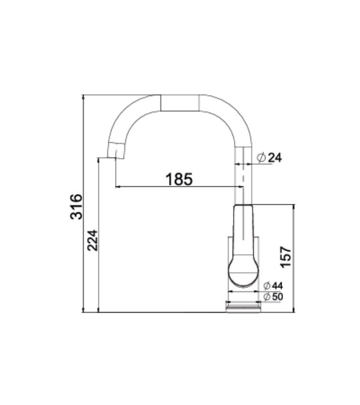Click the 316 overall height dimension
[x=76, y=207]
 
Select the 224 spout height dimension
[x=93, y=240]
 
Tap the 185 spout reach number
[x=179, y=179]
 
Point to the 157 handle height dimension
[x=286, y=257]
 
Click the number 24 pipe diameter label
[x=275, y=157]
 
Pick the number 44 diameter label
[x=277, y=286]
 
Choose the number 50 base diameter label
[x=277, y=297]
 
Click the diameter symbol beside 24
[x=261, y=157]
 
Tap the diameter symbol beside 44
[x=267, y=286]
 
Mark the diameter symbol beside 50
[x=267, y=297]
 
